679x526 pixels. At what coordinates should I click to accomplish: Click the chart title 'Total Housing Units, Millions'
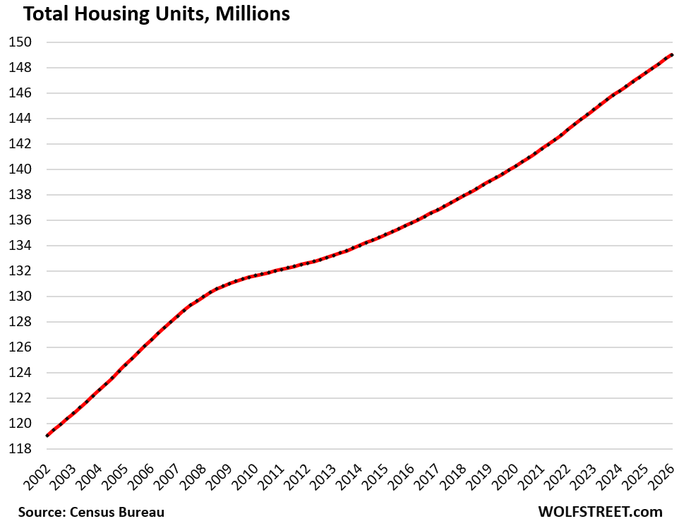pos(148,13)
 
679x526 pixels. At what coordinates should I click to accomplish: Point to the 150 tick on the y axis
pos(20,42)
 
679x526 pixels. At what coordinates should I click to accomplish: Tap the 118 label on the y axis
pos(20,449)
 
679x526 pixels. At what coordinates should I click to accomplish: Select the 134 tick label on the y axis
pos(20,246)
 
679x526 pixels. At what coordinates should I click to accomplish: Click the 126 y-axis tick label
pos(20,347)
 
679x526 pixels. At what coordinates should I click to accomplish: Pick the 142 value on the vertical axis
pos(20,144)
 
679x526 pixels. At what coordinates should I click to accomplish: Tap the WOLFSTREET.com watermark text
pos(600,512)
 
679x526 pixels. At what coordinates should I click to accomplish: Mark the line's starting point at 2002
pos(47,436)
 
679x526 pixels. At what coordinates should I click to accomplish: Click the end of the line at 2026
pos(672,55)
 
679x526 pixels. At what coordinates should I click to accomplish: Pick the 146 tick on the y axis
pos(20,93)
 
